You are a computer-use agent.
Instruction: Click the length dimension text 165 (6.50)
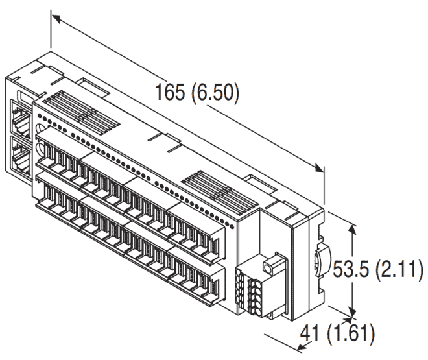pos(197,93)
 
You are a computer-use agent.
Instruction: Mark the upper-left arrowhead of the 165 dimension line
pos(54,18)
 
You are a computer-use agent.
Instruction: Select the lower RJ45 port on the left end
pos(19,154)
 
